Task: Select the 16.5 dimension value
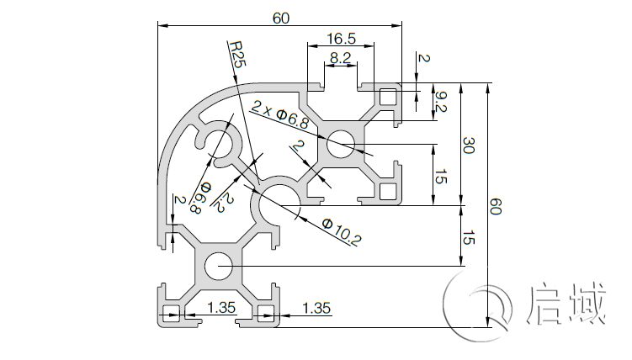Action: (x=341, y=39)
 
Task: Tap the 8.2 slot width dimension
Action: (x=341, y=58)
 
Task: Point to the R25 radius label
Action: (x=236, y=53)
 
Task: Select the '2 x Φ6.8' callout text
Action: (x=280, y=114)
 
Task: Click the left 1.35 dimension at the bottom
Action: (x=220, y=308)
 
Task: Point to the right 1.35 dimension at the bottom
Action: (x=316, y=308)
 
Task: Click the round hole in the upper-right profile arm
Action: (x=341, y=144)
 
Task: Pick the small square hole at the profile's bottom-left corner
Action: (x=170, y=319)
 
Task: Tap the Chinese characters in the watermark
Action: (x=566, y=304)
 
